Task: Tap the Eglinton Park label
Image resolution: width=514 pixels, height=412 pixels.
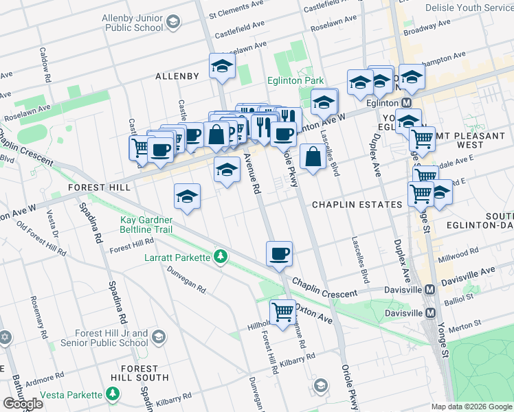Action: pyautogui.click(x=295, y=81)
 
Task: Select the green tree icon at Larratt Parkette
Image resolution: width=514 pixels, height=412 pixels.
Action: pyautogui.click(x=221, y=257)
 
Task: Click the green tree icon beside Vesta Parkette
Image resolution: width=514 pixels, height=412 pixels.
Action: pyautogui.click(x=112, y=394)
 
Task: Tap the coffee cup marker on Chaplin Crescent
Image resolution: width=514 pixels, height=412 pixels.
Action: pyautogui.click(x=280, y=253)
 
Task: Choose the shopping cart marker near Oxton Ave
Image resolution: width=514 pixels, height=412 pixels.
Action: pyautogui.click(x=282, y=312)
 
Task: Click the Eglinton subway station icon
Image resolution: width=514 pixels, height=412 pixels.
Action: pyautogui.click(x=406, y=102)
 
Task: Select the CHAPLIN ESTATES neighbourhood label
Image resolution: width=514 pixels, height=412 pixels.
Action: pyautogui.click(x=357, y=205)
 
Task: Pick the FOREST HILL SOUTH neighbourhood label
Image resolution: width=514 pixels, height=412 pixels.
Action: pyautogui.click(x=141, y=373)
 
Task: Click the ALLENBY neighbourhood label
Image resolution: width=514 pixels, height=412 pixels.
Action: pyautogui.click(x=177, y=76)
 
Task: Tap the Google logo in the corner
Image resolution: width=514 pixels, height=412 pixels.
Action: pyautogui.click(x=23, y=404)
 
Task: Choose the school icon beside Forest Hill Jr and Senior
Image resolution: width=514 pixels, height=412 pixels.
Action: pyautogui.click(x=159, y=336)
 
